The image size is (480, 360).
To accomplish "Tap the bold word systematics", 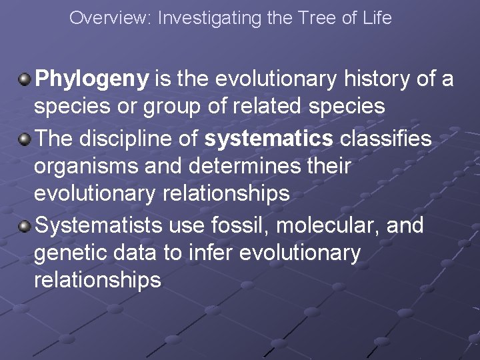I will coord(269,139).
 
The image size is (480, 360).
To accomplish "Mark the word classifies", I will coord(385,139).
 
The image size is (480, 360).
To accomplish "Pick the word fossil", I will coord(234,226).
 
